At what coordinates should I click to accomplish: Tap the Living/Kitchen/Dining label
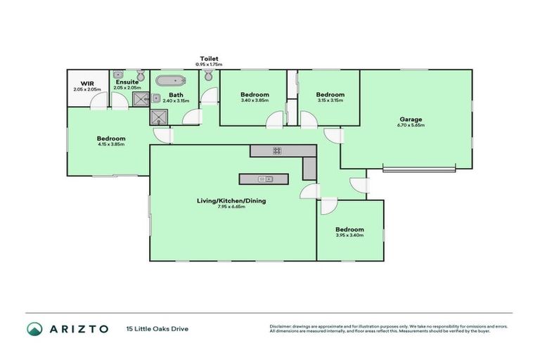pyautogui.click(x=231, y=200)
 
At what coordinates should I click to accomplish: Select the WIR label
pyautogui.click(x=87, y=83)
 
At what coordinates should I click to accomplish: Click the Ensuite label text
pyautogui.click(x=127, y=82)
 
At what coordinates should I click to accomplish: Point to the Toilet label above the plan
pyautogui.click(x=210, y=58)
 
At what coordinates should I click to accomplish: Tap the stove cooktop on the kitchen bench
pyautogui.click(x=277, y=150)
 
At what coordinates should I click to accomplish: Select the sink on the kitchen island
pyautogui.click(x=265, y=179)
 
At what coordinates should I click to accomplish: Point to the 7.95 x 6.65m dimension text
pyautogui.click(x=231, y=207)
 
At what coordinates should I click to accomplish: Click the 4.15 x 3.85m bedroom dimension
pyautogui.click(x=111, y=145)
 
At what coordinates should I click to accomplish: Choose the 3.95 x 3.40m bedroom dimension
pyautogui.click(x=349, y=236)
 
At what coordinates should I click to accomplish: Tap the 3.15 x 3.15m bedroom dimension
pyautogui.click(x=330, y=101)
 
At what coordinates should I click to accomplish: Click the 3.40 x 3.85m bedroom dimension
pyautogui.click(x=255, y=101)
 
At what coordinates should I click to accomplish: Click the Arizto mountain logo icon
pyautogui.click(x=34, y=328)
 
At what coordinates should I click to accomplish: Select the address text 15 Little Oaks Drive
pyautogui.click(x=157, y=328)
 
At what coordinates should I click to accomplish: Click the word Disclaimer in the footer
pyautogui.click(x=281, y=326)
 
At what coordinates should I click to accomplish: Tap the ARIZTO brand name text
pyautogui.click(x=78, y=328)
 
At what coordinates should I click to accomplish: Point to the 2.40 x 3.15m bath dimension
pyautogui.click(x=176, y=101)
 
